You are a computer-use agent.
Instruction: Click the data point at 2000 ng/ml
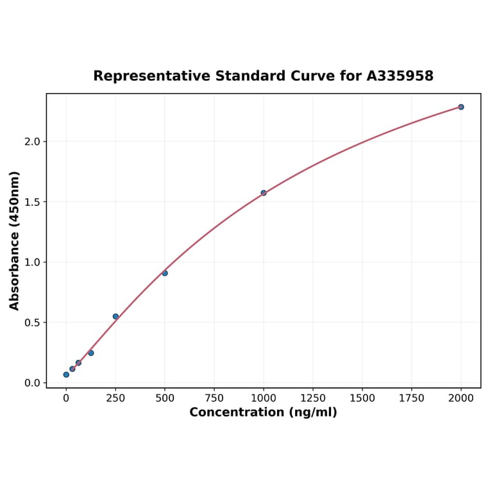click(460, 107)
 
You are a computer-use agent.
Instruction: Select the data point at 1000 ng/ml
click(264, 193)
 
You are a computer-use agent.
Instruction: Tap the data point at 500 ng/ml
click(165, 273)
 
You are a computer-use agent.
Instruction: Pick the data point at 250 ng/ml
click(115, 316)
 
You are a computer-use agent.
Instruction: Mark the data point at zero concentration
click(66, 375)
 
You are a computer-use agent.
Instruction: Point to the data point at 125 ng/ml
click(90, 353)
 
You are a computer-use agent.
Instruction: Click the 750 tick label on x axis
click(214, 398)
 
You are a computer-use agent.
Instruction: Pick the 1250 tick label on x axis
click(313, 398)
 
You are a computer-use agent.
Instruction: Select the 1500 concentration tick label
click(362, 398)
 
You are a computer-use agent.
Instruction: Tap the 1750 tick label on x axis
click(412, 398)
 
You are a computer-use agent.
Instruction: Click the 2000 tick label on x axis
click(461, 398)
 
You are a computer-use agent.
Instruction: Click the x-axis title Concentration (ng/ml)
click(263, 412)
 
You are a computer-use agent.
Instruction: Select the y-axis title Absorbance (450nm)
click(15, 241)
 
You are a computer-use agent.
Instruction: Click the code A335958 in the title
click(400, 76)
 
